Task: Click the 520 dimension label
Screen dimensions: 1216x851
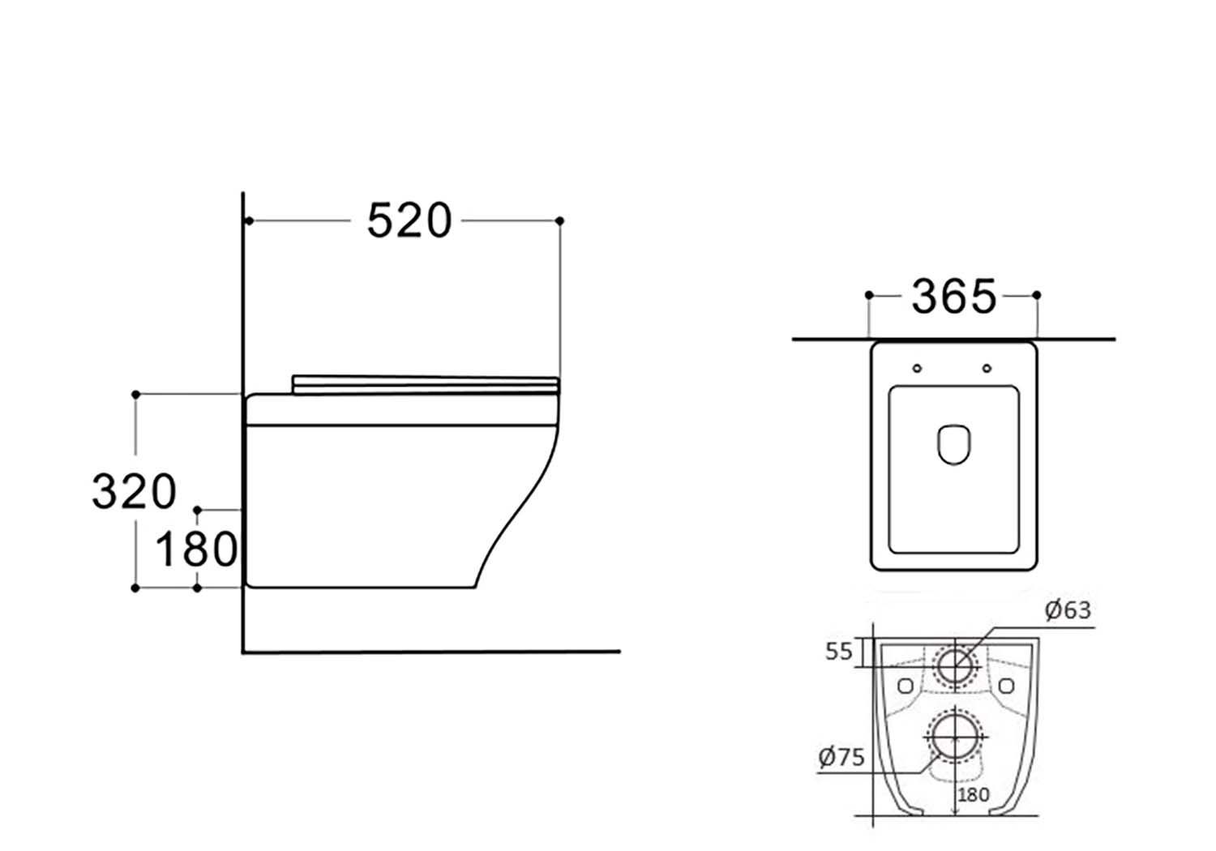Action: [409, 220]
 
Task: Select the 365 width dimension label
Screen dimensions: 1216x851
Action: [954, 297]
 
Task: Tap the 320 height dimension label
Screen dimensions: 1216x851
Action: [134, 491]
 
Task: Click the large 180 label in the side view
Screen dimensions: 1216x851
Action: [196, 550]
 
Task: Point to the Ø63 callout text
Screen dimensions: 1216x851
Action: [1068, 610]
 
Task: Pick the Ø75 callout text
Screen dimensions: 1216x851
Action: [841, 757]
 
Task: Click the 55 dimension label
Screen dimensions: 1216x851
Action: [839, 652]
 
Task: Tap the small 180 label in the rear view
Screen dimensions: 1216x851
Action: [974, 795]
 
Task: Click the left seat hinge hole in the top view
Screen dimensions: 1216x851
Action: [917, 369]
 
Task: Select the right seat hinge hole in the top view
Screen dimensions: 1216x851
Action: [987, 369]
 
